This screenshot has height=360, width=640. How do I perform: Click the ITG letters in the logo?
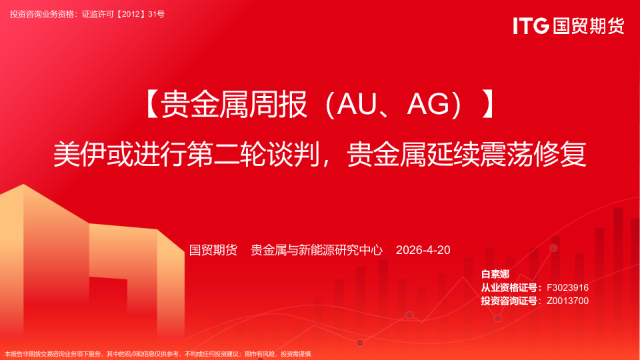pos(531,25)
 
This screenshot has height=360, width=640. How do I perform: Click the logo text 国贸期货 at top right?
pos(589,25)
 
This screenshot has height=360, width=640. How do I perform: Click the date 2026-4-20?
pos(423,250)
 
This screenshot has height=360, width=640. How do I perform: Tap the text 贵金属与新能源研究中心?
pos(317,250)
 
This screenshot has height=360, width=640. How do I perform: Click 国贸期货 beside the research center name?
pos(213,250)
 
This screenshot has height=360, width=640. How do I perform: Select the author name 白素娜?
pos(495,275)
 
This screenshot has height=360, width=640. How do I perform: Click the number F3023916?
pos(567,287)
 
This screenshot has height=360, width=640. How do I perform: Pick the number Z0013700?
pos(567,301)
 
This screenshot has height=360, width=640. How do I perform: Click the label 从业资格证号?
pos(510,287)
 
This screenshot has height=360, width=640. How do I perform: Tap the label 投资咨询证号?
pos(510,301)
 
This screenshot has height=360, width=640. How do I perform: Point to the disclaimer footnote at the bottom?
pos(158,354)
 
